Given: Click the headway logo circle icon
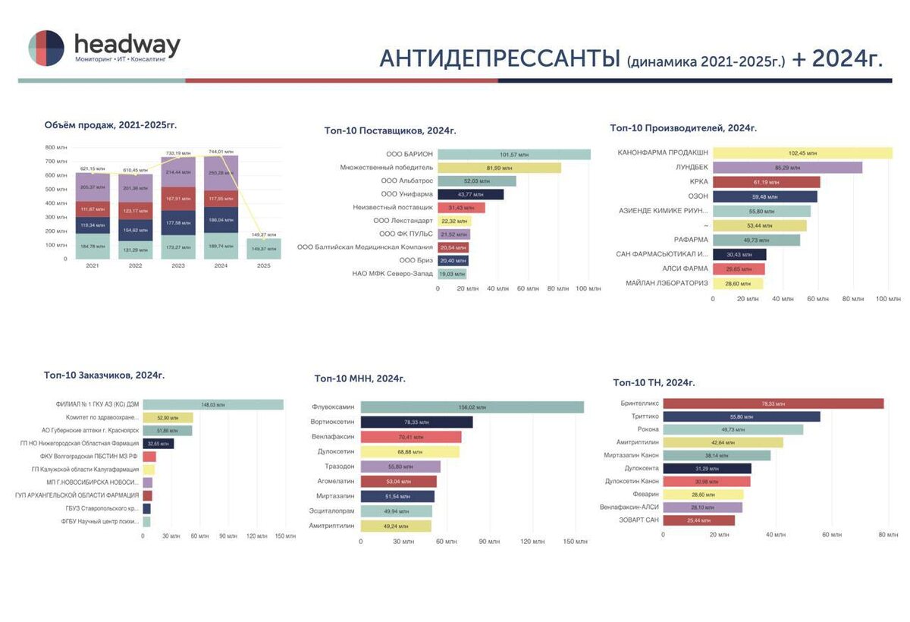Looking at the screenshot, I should coord(46,49).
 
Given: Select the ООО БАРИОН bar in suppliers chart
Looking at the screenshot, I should coord(514,154).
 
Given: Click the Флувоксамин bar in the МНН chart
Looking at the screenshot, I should coord(472,407).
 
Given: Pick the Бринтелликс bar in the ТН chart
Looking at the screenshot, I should coord(773,404).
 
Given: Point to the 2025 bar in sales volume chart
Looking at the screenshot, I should coord(263,249).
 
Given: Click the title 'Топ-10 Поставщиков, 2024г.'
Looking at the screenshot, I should coord(390,131).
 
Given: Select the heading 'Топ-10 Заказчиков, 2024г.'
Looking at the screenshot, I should coord(104,375).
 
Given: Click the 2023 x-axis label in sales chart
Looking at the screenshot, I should coord(177,266).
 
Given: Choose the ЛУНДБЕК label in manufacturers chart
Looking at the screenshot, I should coord(692,168).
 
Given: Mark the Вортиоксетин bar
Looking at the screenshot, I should coord(416,422).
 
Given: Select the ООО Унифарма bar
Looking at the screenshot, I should coord(471,194).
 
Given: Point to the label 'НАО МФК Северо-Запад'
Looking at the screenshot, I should coord(392,273).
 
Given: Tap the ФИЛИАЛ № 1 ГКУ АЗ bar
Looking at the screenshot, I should coord(213,404).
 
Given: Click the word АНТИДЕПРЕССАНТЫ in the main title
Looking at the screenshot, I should coord(500,58).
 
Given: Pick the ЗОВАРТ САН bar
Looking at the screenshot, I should coord(698,520).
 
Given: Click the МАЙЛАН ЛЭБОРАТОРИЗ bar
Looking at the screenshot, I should coord(738,283).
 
